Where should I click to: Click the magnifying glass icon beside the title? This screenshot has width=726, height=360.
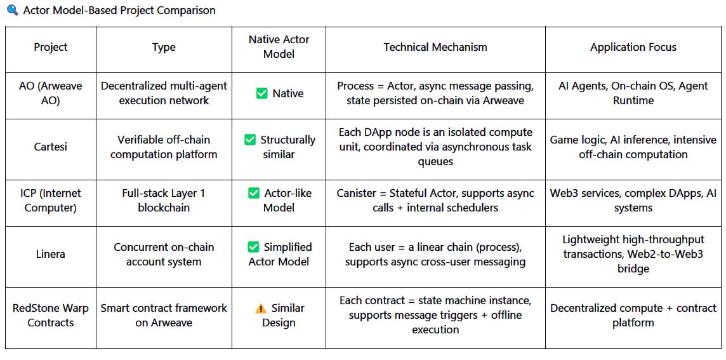click(x=13, y=10)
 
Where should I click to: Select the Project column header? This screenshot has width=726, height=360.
click(x=51, y=47)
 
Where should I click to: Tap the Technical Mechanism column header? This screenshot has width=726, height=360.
click(x=435, y=47)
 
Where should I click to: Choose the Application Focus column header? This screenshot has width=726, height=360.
click(x=633, y=47)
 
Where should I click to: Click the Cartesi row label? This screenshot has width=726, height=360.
click(x=51, y=147)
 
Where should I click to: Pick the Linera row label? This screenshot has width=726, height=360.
click(x=51, y=254)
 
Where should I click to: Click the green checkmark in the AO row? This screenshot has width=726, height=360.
click(x=261, y=93)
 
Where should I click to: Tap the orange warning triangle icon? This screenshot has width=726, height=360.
click(x=261, y=308)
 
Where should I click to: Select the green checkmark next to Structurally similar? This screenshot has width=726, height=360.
click(x=250, y=140)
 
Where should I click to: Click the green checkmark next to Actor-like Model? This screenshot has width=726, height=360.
click(x=254, y=193)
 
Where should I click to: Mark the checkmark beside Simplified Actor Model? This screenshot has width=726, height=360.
click(x=253, y=247)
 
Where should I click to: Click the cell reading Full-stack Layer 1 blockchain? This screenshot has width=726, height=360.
click(x=164, y=200)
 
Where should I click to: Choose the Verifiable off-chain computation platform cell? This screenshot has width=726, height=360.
click(x=164, y=147)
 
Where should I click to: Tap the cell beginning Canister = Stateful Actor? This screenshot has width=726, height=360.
click(x=435, y=200)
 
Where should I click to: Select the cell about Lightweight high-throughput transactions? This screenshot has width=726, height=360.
click(x=633, y=254)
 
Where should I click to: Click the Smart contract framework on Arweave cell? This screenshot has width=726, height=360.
click(x=164, y=315)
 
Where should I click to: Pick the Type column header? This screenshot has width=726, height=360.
click(x=164, y=47)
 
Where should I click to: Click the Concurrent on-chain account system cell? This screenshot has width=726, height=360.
click(x=164, y=254)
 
